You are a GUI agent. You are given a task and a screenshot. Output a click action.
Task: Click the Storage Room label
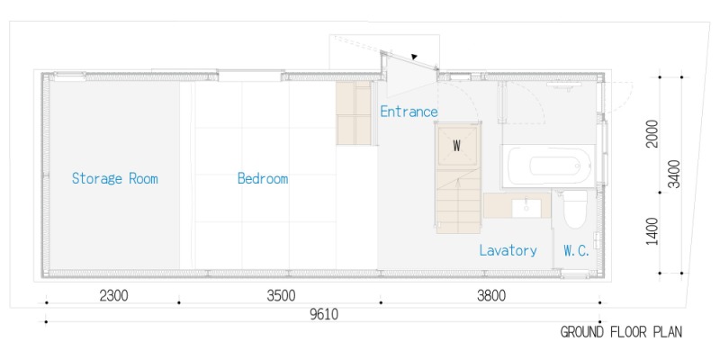115,178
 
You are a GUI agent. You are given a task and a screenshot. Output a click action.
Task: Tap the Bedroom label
263,178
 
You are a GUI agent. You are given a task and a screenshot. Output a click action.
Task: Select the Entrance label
409,112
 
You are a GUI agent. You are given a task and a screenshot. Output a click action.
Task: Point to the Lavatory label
508,251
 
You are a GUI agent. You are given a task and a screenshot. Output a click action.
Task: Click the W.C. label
576,251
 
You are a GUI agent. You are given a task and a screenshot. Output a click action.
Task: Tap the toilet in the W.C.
575,209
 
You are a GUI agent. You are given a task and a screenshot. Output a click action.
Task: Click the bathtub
548,166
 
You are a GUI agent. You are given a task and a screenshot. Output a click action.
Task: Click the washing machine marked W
457,146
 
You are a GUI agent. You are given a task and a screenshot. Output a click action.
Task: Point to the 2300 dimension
114,296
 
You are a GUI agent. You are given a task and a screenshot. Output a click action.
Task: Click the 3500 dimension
281,296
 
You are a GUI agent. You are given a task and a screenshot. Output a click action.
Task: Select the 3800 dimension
490,296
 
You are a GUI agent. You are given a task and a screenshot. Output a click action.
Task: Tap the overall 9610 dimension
324,315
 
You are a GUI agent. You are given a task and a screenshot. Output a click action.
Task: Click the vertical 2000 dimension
652,133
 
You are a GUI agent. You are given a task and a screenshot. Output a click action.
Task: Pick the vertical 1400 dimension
652,231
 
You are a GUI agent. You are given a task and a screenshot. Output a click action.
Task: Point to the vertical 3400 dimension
674,174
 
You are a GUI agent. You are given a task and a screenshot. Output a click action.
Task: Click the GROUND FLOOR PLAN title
621,332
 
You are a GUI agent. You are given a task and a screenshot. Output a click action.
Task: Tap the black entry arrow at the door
414,57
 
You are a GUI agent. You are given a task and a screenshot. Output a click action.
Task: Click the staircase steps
458,200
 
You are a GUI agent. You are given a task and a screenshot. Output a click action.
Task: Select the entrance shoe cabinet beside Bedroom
353,113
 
